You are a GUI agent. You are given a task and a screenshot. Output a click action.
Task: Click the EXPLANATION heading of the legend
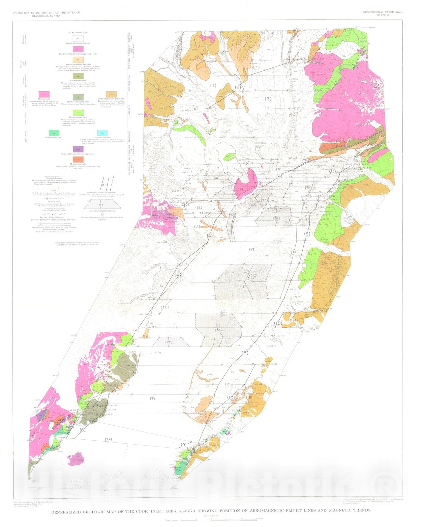tap(78, 33)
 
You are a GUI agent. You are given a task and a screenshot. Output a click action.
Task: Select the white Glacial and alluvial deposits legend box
tap(78, 39)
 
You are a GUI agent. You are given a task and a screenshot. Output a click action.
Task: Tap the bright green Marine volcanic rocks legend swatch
tap(78, 113)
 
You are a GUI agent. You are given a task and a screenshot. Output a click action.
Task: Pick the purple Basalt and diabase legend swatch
tap(78, 149)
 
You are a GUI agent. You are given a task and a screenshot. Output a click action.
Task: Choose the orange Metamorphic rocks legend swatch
tap(78, 159)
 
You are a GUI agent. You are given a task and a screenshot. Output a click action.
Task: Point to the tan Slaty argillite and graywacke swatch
tap(111, 95)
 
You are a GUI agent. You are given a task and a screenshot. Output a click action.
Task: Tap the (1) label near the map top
tap(213, 86)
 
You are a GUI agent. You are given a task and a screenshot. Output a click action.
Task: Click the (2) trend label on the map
tap(238, 87)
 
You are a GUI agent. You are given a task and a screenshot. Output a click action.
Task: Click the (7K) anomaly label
tap(108, 439)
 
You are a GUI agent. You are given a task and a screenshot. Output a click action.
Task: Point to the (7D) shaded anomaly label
tap(246, 287)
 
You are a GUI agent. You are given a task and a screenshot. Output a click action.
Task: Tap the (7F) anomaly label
tap(169, 342)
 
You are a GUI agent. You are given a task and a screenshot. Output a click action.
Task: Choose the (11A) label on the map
tap(294, 320)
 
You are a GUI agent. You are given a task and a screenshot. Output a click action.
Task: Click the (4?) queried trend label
tap(179, 275)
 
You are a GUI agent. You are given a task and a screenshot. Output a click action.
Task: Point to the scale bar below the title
tap(211, 520)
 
